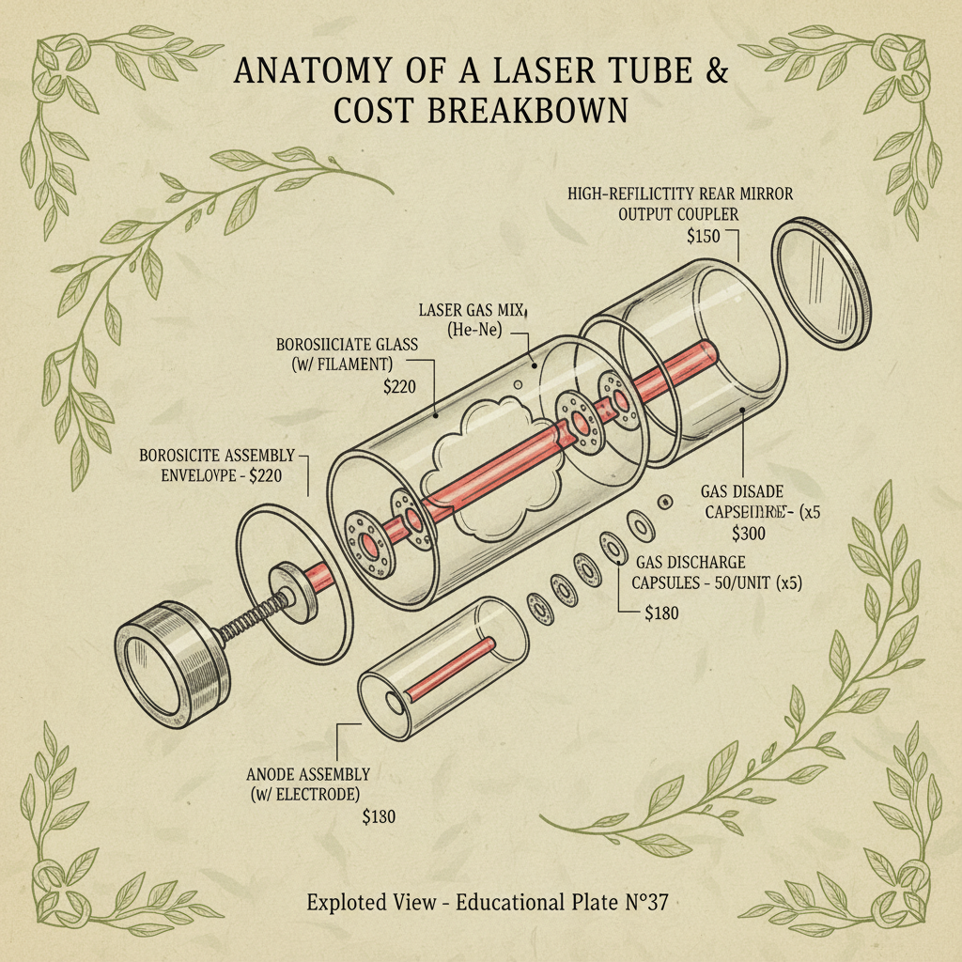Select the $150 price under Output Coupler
pyautogui.click(x=706, y=236)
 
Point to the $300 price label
pyautogui.click(x=748, y=534)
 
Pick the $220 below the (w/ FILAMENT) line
pyautogui.click(x=397, y=385)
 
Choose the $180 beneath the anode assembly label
pyautogui.click(x=379, y=816)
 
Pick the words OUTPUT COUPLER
pyautogui.click(x=679, y=215)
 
